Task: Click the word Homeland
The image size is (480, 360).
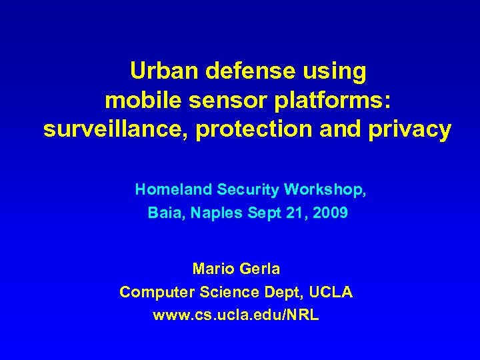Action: point(173,190)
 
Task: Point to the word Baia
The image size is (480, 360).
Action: point(163,214)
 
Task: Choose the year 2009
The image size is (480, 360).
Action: point(330,214)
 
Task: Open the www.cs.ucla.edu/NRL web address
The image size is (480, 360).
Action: point(236,315)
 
